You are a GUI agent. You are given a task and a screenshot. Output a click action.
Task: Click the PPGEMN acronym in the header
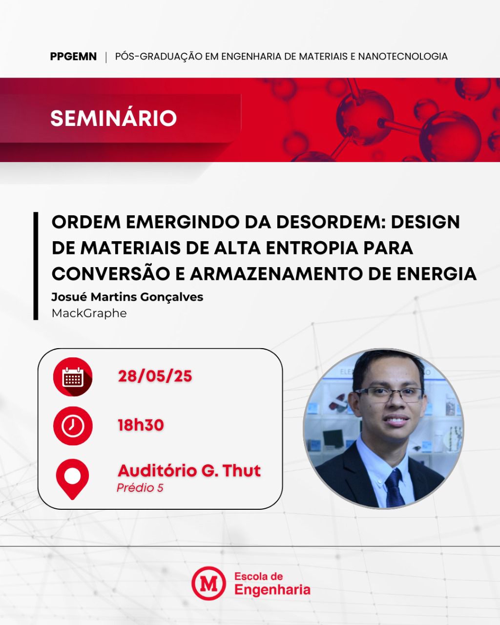[73, 56]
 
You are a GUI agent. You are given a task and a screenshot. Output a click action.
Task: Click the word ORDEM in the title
[86, 222]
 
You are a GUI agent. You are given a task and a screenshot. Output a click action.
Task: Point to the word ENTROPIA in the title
[312, 248]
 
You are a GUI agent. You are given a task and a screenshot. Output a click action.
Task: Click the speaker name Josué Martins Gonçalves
[127, 297]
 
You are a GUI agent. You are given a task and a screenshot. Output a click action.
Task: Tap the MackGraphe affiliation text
[89, 313]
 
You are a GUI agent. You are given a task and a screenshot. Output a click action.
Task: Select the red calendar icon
[73, 377]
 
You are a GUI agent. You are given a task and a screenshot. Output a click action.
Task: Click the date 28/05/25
[155, 376]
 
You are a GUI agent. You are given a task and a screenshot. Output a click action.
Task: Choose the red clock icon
[73, 426]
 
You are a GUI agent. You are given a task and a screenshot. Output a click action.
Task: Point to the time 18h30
[141, 425]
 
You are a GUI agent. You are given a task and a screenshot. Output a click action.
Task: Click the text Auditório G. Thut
[189, 471]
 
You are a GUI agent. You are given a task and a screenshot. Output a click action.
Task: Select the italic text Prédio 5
[140, 488]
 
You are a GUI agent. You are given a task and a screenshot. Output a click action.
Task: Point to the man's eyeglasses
[389, 396]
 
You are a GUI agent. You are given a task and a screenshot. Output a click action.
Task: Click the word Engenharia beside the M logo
[272, 590]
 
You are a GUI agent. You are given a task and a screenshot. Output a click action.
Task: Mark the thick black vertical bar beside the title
[36, 266]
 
